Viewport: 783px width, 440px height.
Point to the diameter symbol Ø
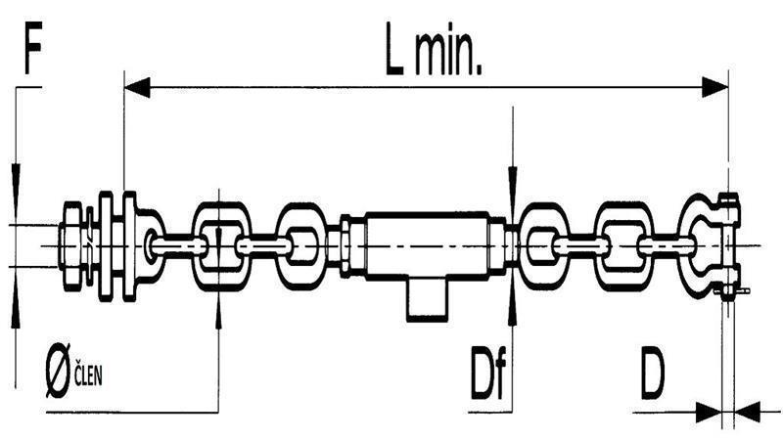click(58, 371)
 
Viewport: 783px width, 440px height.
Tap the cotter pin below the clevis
click(732, 290)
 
